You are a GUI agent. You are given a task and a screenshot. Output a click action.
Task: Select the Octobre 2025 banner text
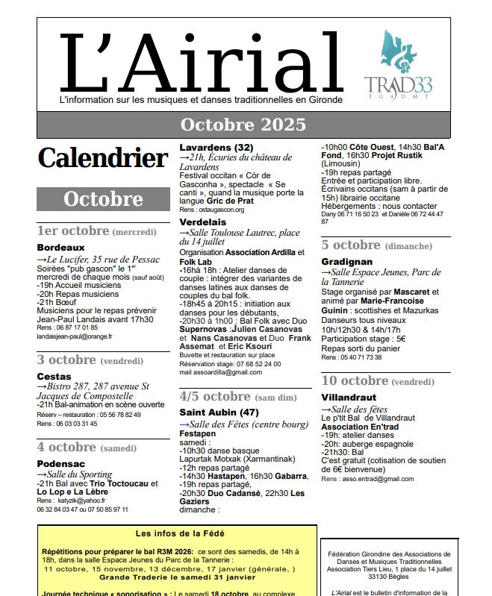(x=243, y=124)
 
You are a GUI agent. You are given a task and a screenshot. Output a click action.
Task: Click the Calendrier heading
(x=102, y=159)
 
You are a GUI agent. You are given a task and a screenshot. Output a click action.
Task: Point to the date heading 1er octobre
(x=73, y=231)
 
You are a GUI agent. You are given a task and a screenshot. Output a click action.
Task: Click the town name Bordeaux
(x=60, y=247)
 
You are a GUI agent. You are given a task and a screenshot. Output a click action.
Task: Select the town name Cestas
(x=55, y=376)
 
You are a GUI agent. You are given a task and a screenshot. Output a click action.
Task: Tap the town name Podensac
(x=61, y=462)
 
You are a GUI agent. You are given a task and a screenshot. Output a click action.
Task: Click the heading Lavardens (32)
(x=216, y=147)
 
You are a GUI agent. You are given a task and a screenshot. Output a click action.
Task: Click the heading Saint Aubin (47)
(x=219, y=412)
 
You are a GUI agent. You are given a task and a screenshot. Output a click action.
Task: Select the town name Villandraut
(x=349, y=398)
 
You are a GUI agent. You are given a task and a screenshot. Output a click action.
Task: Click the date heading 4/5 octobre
(x=216, y=396)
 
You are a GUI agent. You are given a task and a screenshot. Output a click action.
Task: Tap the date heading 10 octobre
(x=350, y=381)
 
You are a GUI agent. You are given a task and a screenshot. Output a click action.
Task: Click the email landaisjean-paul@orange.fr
(x=74, y=336)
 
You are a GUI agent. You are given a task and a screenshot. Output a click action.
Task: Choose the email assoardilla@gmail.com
(x=221, y=371)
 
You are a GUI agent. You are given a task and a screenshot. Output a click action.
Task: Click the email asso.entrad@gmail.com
(x=367, y=479)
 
